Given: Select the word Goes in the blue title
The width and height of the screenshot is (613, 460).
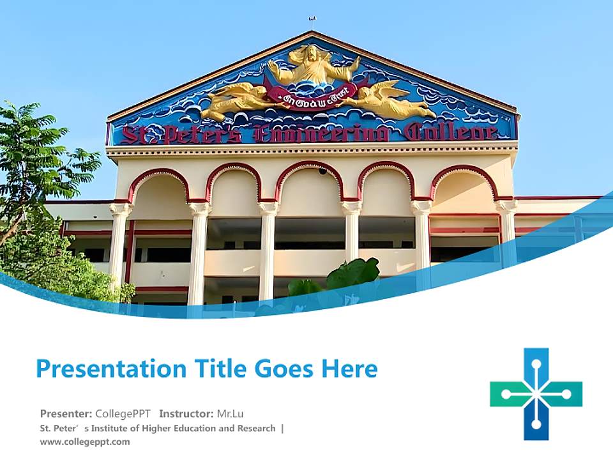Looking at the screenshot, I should coord(278,369).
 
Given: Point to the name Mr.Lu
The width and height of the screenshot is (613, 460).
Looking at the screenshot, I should coord(231,413).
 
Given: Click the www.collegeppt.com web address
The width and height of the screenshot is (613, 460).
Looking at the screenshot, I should coord(84,441).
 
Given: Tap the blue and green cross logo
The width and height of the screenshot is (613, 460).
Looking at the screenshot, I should coord(536,394).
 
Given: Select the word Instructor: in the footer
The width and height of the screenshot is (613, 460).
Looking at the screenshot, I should coord(186,413).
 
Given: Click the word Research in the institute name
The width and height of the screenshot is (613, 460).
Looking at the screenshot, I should coord(254,428).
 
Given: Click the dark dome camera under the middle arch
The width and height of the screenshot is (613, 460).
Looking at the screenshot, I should coord(322,171).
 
